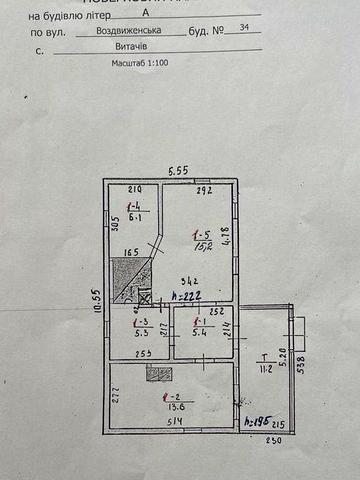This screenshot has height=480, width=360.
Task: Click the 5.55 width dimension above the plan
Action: point(179,171)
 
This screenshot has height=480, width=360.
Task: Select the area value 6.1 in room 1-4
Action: point(133,215)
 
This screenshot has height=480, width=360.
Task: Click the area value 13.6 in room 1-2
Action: point(172,407)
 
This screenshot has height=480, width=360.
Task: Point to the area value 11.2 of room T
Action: point(265,368)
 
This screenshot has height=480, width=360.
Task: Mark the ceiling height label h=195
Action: point(256,421)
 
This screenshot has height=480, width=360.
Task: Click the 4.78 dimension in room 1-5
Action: point(226,236)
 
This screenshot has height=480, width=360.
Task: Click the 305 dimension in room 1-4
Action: point(116,227)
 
